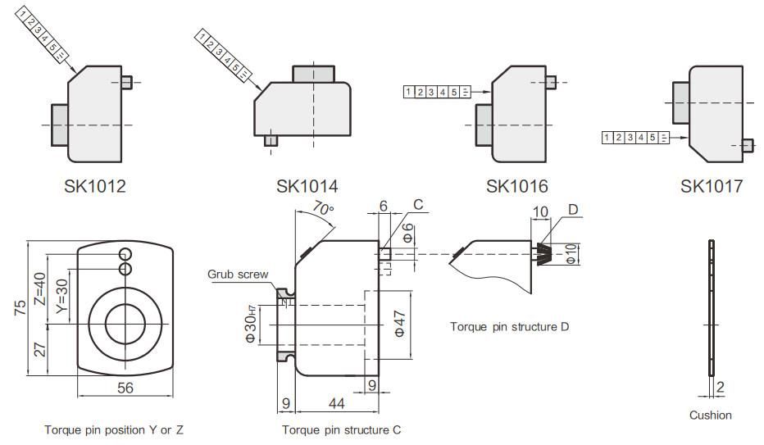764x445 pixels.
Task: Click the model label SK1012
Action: tap(95, 186)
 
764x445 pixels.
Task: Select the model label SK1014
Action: tap(307, 186)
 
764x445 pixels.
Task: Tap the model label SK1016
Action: tap(516, 186)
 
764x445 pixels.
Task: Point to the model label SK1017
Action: tap(711, 186)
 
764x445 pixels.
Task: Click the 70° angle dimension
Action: tap(324, 210)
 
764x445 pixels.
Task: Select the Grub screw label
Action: tap(238, 275)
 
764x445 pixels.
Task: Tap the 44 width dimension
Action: tap(336, 402)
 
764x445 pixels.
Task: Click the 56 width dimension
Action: tap(125, 388)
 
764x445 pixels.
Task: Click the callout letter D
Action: tap(574, 211)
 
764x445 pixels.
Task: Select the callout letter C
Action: tap(418, 206)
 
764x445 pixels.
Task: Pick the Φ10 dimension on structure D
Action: tap(571, 253)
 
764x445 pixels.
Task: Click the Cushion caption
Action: tap(710, 415)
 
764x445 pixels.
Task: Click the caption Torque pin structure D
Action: tap(509, 326)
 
